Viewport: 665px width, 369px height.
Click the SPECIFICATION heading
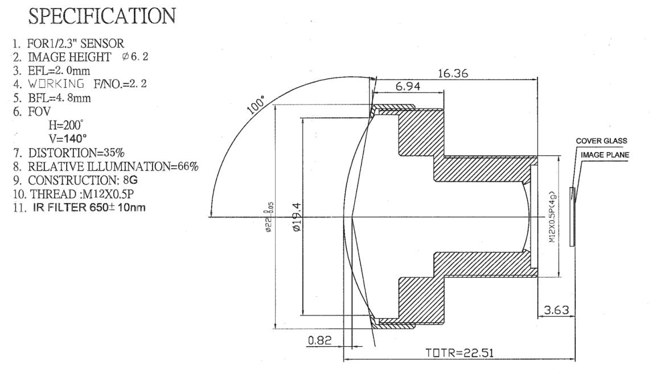(102, 17)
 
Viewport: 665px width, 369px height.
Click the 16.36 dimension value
(453, 73)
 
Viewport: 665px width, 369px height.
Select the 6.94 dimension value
(408, 87)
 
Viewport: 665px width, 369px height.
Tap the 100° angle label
(256, 105)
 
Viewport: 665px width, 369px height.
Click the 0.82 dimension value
(320, 340)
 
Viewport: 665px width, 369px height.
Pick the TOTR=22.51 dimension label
(459, 353)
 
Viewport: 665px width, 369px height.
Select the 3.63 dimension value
(556, 310)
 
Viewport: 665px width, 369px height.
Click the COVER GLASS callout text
(601, 141)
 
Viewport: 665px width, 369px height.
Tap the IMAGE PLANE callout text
(605, 155)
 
